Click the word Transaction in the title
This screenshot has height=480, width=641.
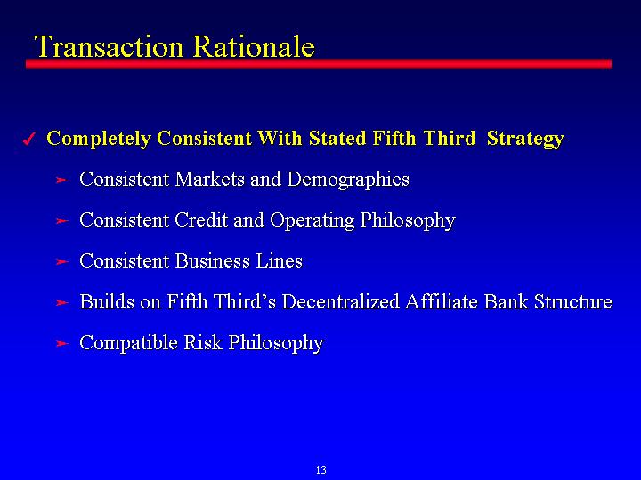(109, 46)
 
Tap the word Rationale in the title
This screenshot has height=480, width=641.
(254, 46)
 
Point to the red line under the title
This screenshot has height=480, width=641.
(319, 64)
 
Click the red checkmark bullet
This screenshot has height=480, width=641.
(29, 140)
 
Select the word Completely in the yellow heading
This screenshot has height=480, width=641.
(99, 140)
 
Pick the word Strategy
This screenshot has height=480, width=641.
(525, 140)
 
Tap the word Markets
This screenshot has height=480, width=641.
(210, 180)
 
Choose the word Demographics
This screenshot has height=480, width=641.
(348, 180)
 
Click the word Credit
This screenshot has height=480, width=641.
(200, 220)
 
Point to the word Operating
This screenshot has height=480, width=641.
(312, 220)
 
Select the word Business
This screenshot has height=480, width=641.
(212, 260)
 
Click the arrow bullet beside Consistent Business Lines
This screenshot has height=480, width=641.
(61, 261)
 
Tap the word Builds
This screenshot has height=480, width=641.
(107, 301)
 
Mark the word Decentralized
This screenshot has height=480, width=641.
(340, 301)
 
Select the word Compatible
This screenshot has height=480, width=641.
(128, 343)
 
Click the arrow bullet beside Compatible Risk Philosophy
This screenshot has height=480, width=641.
(61, 343)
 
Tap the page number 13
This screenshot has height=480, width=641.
(320, 470)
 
